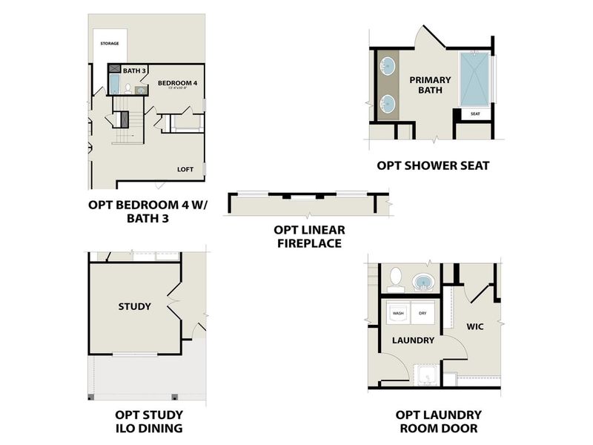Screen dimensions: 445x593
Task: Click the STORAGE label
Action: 110,44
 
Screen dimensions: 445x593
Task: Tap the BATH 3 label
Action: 134,70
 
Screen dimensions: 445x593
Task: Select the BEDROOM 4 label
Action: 177,83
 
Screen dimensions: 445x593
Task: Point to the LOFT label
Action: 185,169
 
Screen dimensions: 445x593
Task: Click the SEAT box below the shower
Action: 474,114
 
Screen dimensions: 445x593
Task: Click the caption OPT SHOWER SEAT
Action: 433,165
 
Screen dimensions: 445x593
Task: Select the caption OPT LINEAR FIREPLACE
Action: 309,236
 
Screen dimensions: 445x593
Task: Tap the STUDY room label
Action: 134,306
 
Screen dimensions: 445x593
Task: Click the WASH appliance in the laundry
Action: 399,314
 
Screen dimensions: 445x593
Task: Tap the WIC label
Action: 475,326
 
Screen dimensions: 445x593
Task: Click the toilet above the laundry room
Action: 395,279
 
